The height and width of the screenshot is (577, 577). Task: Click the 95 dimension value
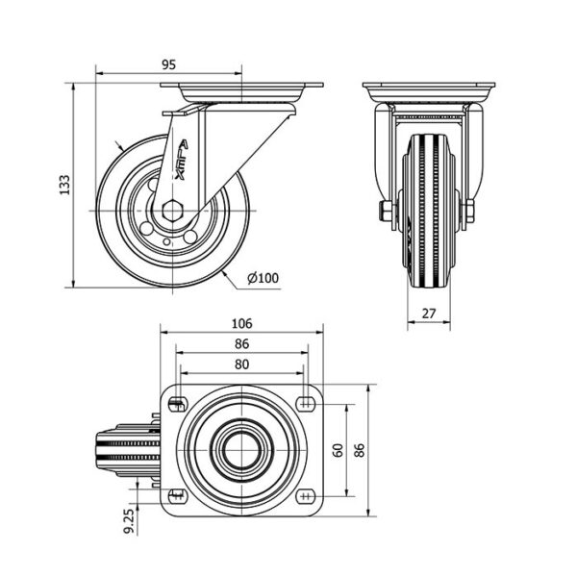tap(169, 64)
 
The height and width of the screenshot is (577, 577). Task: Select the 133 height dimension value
tap(64, 185)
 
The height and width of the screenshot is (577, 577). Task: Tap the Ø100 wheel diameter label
tap(263, 278)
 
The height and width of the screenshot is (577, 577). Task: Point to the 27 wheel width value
tap(429, 314)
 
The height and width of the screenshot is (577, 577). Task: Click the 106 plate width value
tap(241, 323)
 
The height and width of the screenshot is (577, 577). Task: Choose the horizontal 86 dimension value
tap(241, 343)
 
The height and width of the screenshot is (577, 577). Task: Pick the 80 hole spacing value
tap(241, 364)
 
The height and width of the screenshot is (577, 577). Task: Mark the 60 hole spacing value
tap(339, 450)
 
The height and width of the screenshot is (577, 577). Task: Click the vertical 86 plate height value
tap(359, 450)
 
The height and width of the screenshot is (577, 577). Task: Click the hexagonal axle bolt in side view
tap(172, 211)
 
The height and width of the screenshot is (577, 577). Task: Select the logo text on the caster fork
tap(182, 160)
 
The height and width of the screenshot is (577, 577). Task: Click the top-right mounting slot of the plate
tap(306, 404)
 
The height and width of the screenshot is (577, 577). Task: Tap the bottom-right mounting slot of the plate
tap(306, 496)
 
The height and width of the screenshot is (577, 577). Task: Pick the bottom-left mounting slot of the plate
tap(177, 496)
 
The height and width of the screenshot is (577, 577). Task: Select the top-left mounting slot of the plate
tap(177, 404)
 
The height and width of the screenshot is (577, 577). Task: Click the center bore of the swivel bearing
tap(241, 450)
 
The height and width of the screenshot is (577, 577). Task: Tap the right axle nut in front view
tap(470, 212)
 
